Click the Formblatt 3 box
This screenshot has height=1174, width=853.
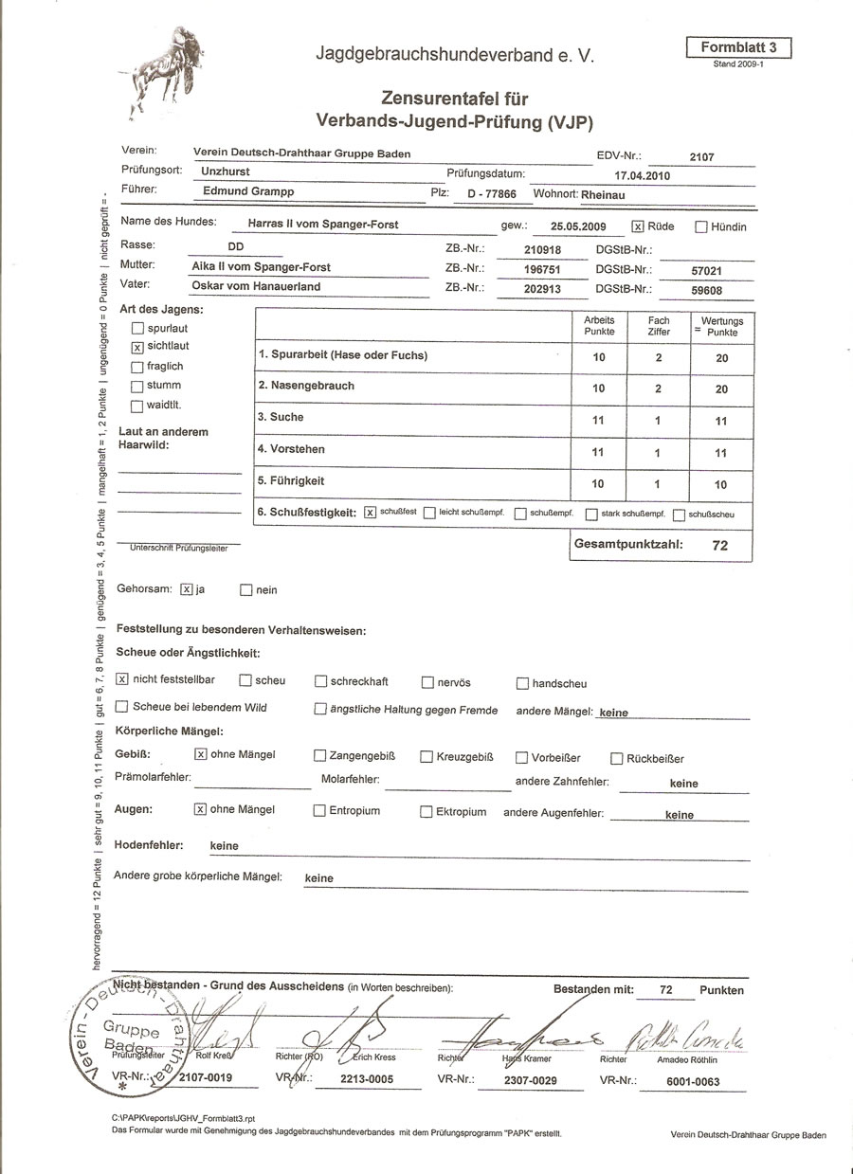737,47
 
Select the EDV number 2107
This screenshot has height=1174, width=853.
701,157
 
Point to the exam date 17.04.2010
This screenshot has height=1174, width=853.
643,176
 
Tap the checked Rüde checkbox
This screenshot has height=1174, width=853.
638,226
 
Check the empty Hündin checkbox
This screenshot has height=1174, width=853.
701,226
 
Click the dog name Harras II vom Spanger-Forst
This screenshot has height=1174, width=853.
322,225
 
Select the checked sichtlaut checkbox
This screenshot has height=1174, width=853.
137,348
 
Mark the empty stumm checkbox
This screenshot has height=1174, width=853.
137,387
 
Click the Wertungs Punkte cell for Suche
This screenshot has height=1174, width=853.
720,420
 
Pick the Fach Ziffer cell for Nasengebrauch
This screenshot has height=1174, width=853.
658,388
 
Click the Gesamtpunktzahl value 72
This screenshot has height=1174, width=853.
720,546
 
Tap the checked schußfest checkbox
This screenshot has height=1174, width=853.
371,513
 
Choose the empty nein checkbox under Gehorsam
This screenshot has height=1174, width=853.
246,590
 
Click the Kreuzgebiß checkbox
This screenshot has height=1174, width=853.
426,757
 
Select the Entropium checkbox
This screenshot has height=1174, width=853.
319,811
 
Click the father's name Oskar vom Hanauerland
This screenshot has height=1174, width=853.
256,286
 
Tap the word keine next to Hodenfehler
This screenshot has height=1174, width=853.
225,845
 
